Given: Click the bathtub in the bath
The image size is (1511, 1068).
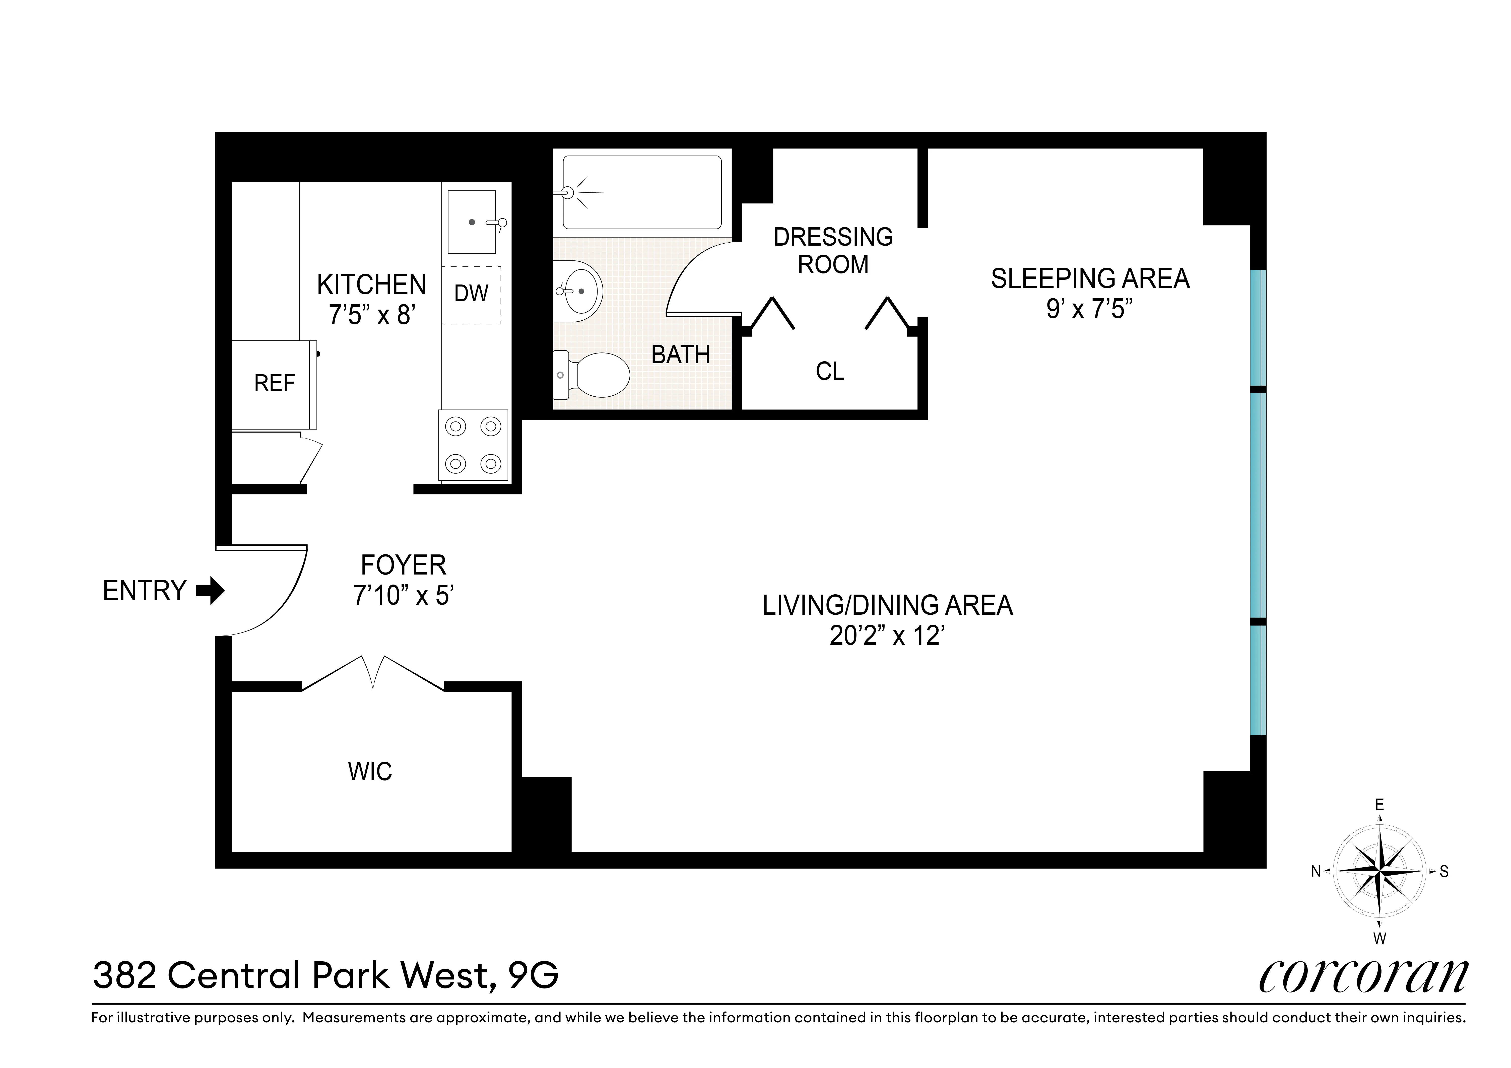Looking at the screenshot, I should coord(642,192).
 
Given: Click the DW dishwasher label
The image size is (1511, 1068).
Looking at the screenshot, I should coord(471,294).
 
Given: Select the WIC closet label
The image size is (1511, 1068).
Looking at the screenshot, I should coord(370,771).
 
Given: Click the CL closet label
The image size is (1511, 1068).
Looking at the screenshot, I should coord(830,372).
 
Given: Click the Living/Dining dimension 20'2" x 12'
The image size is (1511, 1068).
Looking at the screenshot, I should coord(887,636).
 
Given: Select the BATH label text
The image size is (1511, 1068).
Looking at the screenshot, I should coord(681,355).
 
